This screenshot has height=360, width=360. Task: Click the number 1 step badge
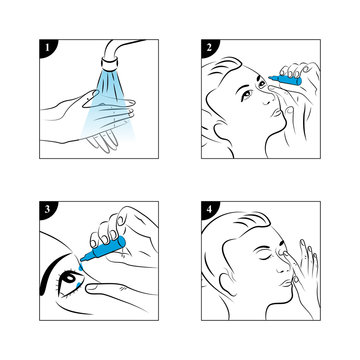point(44,47)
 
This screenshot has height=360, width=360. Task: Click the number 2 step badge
point(207,47)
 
